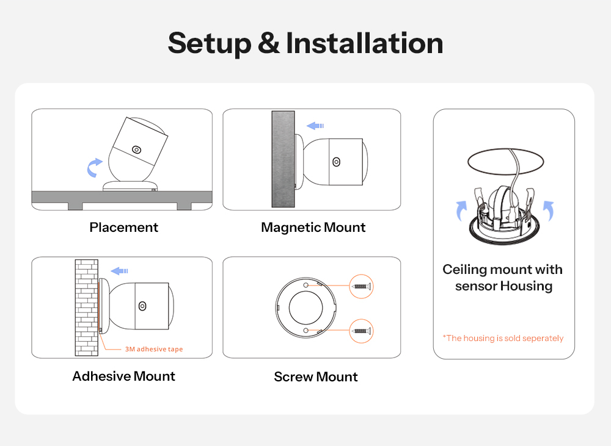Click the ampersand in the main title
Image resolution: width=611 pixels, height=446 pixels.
[x=269, y=43]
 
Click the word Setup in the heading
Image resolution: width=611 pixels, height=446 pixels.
[x=210, y=43]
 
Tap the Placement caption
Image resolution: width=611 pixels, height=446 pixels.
[x=123, y=227]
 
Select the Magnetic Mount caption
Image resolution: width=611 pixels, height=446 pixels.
[x=313, y=228]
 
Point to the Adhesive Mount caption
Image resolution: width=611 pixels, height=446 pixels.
[x=123, y=376]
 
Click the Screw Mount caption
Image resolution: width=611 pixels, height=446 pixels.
[x=316, y=376]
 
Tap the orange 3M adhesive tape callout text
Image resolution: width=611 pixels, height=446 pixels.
[x=154, y=349]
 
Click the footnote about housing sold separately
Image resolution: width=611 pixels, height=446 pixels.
[x=503, y=338]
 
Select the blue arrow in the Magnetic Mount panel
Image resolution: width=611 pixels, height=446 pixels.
[x=315, y=126]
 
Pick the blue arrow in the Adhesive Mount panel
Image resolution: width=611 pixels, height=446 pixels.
[x=119, y=271]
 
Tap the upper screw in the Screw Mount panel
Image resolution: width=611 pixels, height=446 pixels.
[x=361, y=286]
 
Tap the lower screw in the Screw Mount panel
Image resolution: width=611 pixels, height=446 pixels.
[x=361, y=331]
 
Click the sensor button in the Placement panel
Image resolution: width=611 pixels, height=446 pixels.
[x=136, y=149]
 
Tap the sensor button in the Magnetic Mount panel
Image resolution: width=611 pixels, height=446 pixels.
[x=337, y=162]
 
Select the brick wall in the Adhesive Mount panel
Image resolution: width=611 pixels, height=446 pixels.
[x=87, y=308]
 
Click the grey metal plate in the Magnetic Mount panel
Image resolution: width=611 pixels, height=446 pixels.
[x=283, y=159]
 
